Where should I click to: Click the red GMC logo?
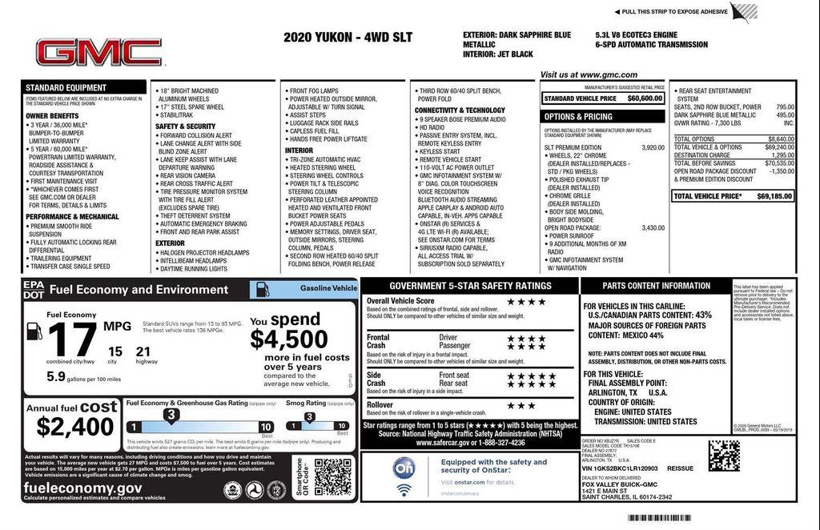(98, 53)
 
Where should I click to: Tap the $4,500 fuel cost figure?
(288, 339)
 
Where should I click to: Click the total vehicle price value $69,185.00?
(774, 196)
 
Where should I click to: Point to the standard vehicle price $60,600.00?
(645, 98)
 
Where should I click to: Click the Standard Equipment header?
(65, 87)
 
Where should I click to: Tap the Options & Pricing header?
(578, 117)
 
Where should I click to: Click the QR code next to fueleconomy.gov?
(332, 477)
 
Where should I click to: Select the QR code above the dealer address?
(724, 455)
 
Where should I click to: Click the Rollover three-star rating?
(521, 406)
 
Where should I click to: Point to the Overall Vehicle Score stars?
(526, 302)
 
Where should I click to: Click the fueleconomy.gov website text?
(82, 488)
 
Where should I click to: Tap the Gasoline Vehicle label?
(328, 288)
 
